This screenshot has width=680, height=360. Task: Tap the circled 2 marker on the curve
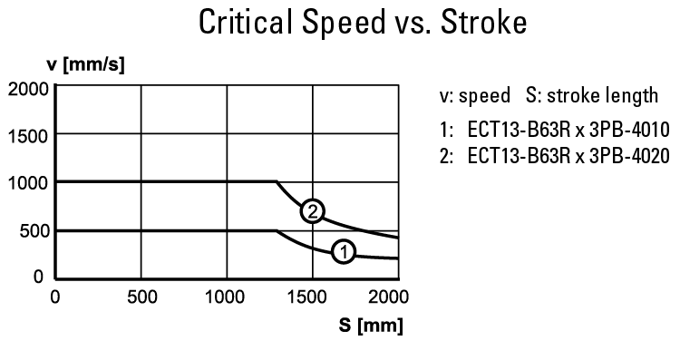pos(312,210)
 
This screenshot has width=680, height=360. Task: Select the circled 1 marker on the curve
pos(343,251)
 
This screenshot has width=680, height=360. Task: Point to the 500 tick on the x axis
pos(141,296)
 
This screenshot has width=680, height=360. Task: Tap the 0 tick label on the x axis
pos(55,296)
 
